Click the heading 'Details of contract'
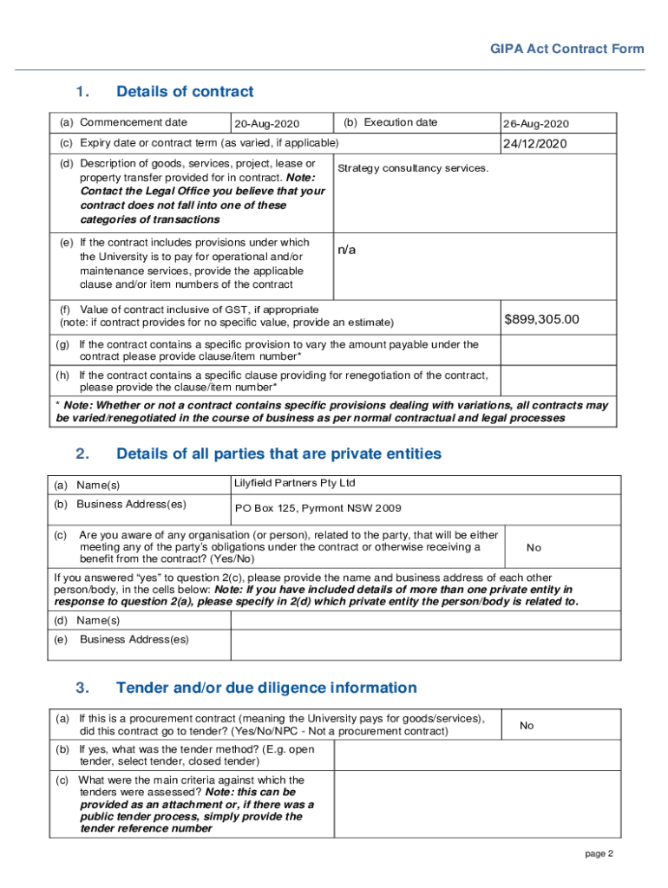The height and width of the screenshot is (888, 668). (x=185, y=92)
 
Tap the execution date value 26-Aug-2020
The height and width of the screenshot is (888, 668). (x=536, y=124)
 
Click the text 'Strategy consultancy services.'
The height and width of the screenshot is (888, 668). (x=413, y=167)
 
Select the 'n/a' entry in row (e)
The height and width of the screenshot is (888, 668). (x=346, y=250)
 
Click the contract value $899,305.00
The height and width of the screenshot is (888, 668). (x=541, y=320)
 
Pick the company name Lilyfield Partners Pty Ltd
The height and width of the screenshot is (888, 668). (x=295, y=483)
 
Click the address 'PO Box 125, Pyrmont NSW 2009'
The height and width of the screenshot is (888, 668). (x=318, y=508)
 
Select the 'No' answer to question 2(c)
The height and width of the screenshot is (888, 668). (x=534, y=547)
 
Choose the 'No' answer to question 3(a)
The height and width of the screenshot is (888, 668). (x=527, y=725)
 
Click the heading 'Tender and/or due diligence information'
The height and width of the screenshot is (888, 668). (x=266, y=688)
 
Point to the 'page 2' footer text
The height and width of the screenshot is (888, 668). (x=599, y=854)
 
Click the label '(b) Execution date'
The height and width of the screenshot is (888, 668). (x=390, y=123)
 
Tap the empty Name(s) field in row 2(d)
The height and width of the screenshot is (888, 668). (x=425, y=620)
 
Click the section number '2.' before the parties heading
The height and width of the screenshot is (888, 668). (x=82, y=454)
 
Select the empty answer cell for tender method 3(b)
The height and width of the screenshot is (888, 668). (x=477, y=755)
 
